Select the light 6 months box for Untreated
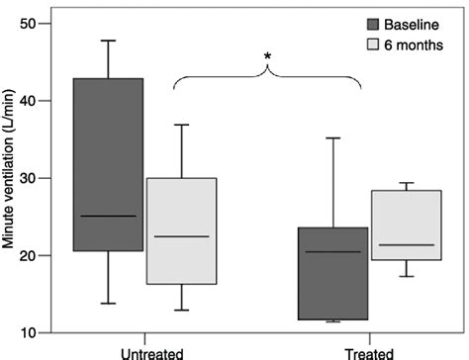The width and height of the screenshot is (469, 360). pos(181,231)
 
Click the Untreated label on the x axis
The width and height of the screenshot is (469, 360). pos(145,351)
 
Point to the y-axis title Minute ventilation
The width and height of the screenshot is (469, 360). pos(11,178)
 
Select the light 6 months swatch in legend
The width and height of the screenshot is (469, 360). pos(374,45)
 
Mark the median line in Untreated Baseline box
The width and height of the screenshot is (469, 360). pos(108,216)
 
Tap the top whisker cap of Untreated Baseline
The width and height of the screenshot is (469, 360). pos(108,41)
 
